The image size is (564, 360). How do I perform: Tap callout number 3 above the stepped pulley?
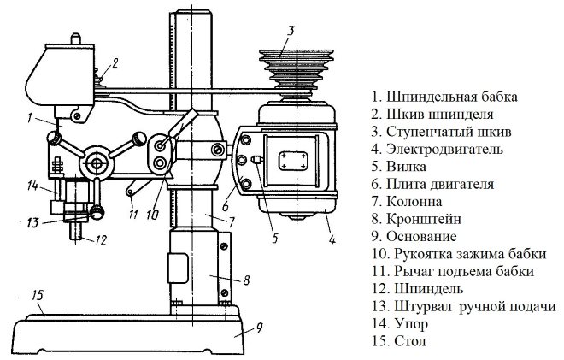click(x=291, y=31)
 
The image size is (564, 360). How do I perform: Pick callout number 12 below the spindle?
click(x=102, y=240)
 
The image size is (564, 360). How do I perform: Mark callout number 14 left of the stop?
click(x=31, y=185)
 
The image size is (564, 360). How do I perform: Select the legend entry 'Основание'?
click(x=425, y=236)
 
